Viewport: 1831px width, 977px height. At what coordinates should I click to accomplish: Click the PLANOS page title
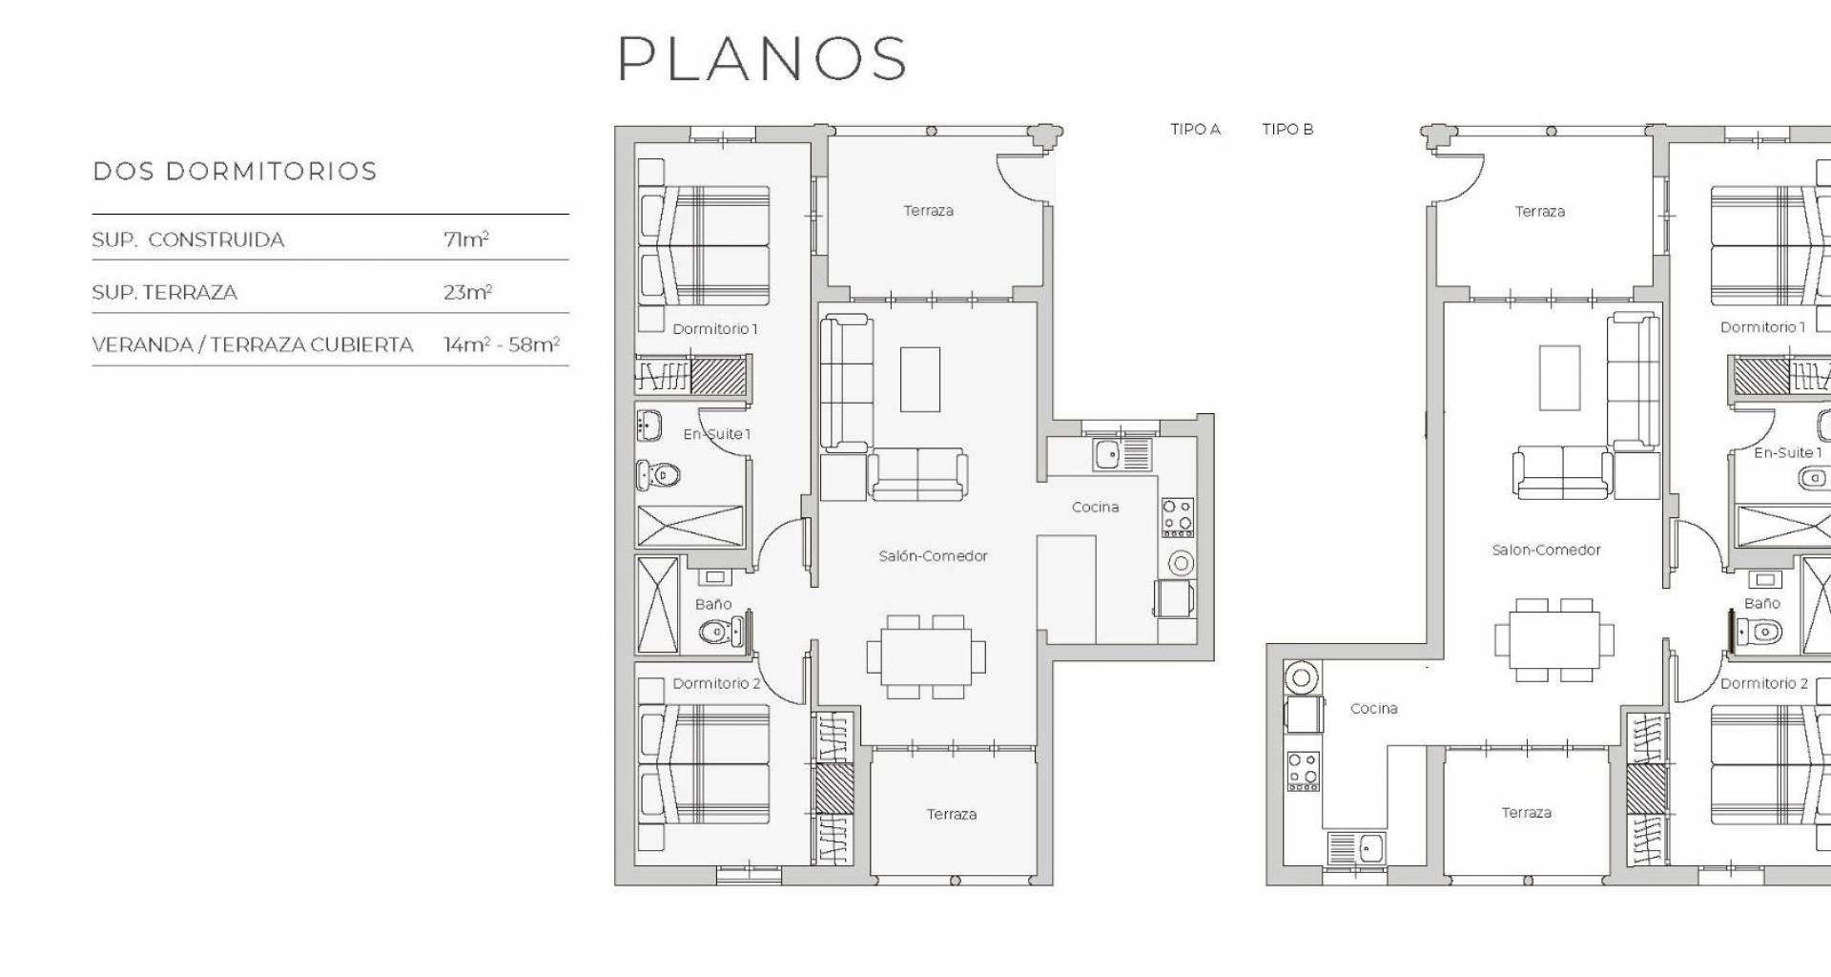click(x=762, y=58)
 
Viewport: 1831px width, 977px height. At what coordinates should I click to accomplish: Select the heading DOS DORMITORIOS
click(x=235, y=172)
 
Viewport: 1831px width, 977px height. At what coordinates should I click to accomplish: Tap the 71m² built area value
click(x=466, y=239)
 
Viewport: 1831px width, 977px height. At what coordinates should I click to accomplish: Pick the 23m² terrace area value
click(x=467, y=292)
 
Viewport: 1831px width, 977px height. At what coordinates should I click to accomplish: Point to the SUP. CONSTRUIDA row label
click(x=188, y=239)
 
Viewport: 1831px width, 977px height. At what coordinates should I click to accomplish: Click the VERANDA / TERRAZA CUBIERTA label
click(x=253, y=344)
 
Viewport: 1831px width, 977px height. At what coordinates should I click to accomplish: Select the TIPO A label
click(x=1196, y=129)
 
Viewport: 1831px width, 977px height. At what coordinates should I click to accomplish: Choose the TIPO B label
click(x=1287, y=129)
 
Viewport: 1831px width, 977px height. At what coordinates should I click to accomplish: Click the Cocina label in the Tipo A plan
click(x=1095, y=507)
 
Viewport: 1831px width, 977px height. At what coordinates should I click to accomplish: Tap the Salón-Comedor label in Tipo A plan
click(x=933, y=555)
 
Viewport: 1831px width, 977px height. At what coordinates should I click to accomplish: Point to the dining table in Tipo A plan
click(x=926, y=656)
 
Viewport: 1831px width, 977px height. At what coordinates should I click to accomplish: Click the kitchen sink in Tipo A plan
click(x=1122, y=454)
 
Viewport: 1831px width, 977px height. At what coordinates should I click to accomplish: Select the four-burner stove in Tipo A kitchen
click(x=1177, y=517)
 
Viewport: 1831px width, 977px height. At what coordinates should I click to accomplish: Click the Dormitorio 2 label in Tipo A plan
click(x=716, y=683)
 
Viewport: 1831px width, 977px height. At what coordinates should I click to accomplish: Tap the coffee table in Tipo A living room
click(x=920, y=379)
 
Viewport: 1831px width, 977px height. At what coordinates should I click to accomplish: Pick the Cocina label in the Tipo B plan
click(x=1374, y=708)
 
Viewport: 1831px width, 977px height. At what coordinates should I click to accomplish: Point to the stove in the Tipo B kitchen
click(x=1304, y=771)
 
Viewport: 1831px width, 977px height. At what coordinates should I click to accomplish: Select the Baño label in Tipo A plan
click(x=713, y=604)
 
